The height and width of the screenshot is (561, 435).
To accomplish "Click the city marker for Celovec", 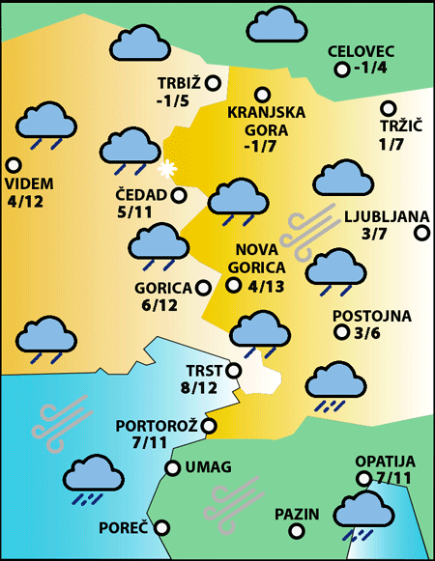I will (x=341, y=70).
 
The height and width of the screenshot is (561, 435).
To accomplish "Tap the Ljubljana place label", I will (x=378, y=216).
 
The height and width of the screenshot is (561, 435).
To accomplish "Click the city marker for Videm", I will (x=13, y=165).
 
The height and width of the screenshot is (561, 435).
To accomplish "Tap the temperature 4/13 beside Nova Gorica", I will (x=266, y=286).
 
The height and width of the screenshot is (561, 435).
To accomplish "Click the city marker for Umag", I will (x=173, y=468).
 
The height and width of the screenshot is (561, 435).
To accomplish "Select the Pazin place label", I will (x=296, y=514).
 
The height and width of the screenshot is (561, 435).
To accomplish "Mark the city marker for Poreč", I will (x=161, y=528).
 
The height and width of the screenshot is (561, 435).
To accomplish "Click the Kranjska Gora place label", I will (x=266, y=120).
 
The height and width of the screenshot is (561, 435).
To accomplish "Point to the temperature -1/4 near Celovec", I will (x=370, y=68).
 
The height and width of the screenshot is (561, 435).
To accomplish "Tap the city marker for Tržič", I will (x=389, y=109).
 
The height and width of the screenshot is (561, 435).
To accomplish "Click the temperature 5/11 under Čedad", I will (x=134, y=211).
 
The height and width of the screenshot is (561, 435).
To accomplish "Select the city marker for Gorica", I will (x=203, y=287).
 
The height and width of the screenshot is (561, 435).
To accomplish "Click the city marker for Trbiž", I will (x=212, y=83).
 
